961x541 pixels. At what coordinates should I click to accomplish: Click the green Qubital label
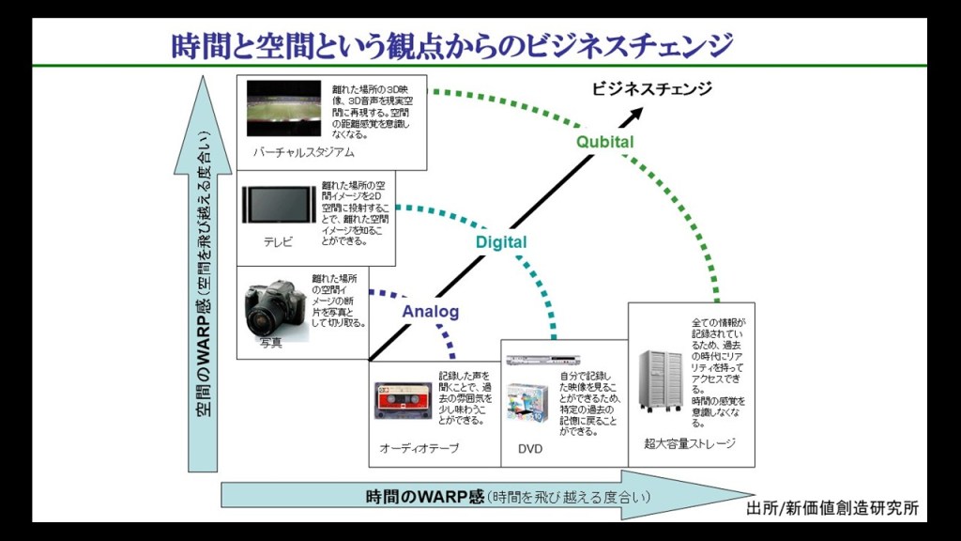604,142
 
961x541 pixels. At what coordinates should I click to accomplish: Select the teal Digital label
500,242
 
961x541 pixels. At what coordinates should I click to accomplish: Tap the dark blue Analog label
431,312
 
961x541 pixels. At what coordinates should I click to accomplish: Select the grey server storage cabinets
661,380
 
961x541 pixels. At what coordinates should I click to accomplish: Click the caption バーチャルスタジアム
303,152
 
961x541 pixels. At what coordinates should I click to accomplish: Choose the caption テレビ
278,242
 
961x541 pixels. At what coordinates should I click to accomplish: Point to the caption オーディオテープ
419,449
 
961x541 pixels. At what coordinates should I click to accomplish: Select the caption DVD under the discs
530,449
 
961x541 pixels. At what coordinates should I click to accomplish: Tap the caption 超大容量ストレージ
690,443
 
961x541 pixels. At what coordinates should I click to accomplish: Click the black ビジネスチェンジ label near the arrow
651,89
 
